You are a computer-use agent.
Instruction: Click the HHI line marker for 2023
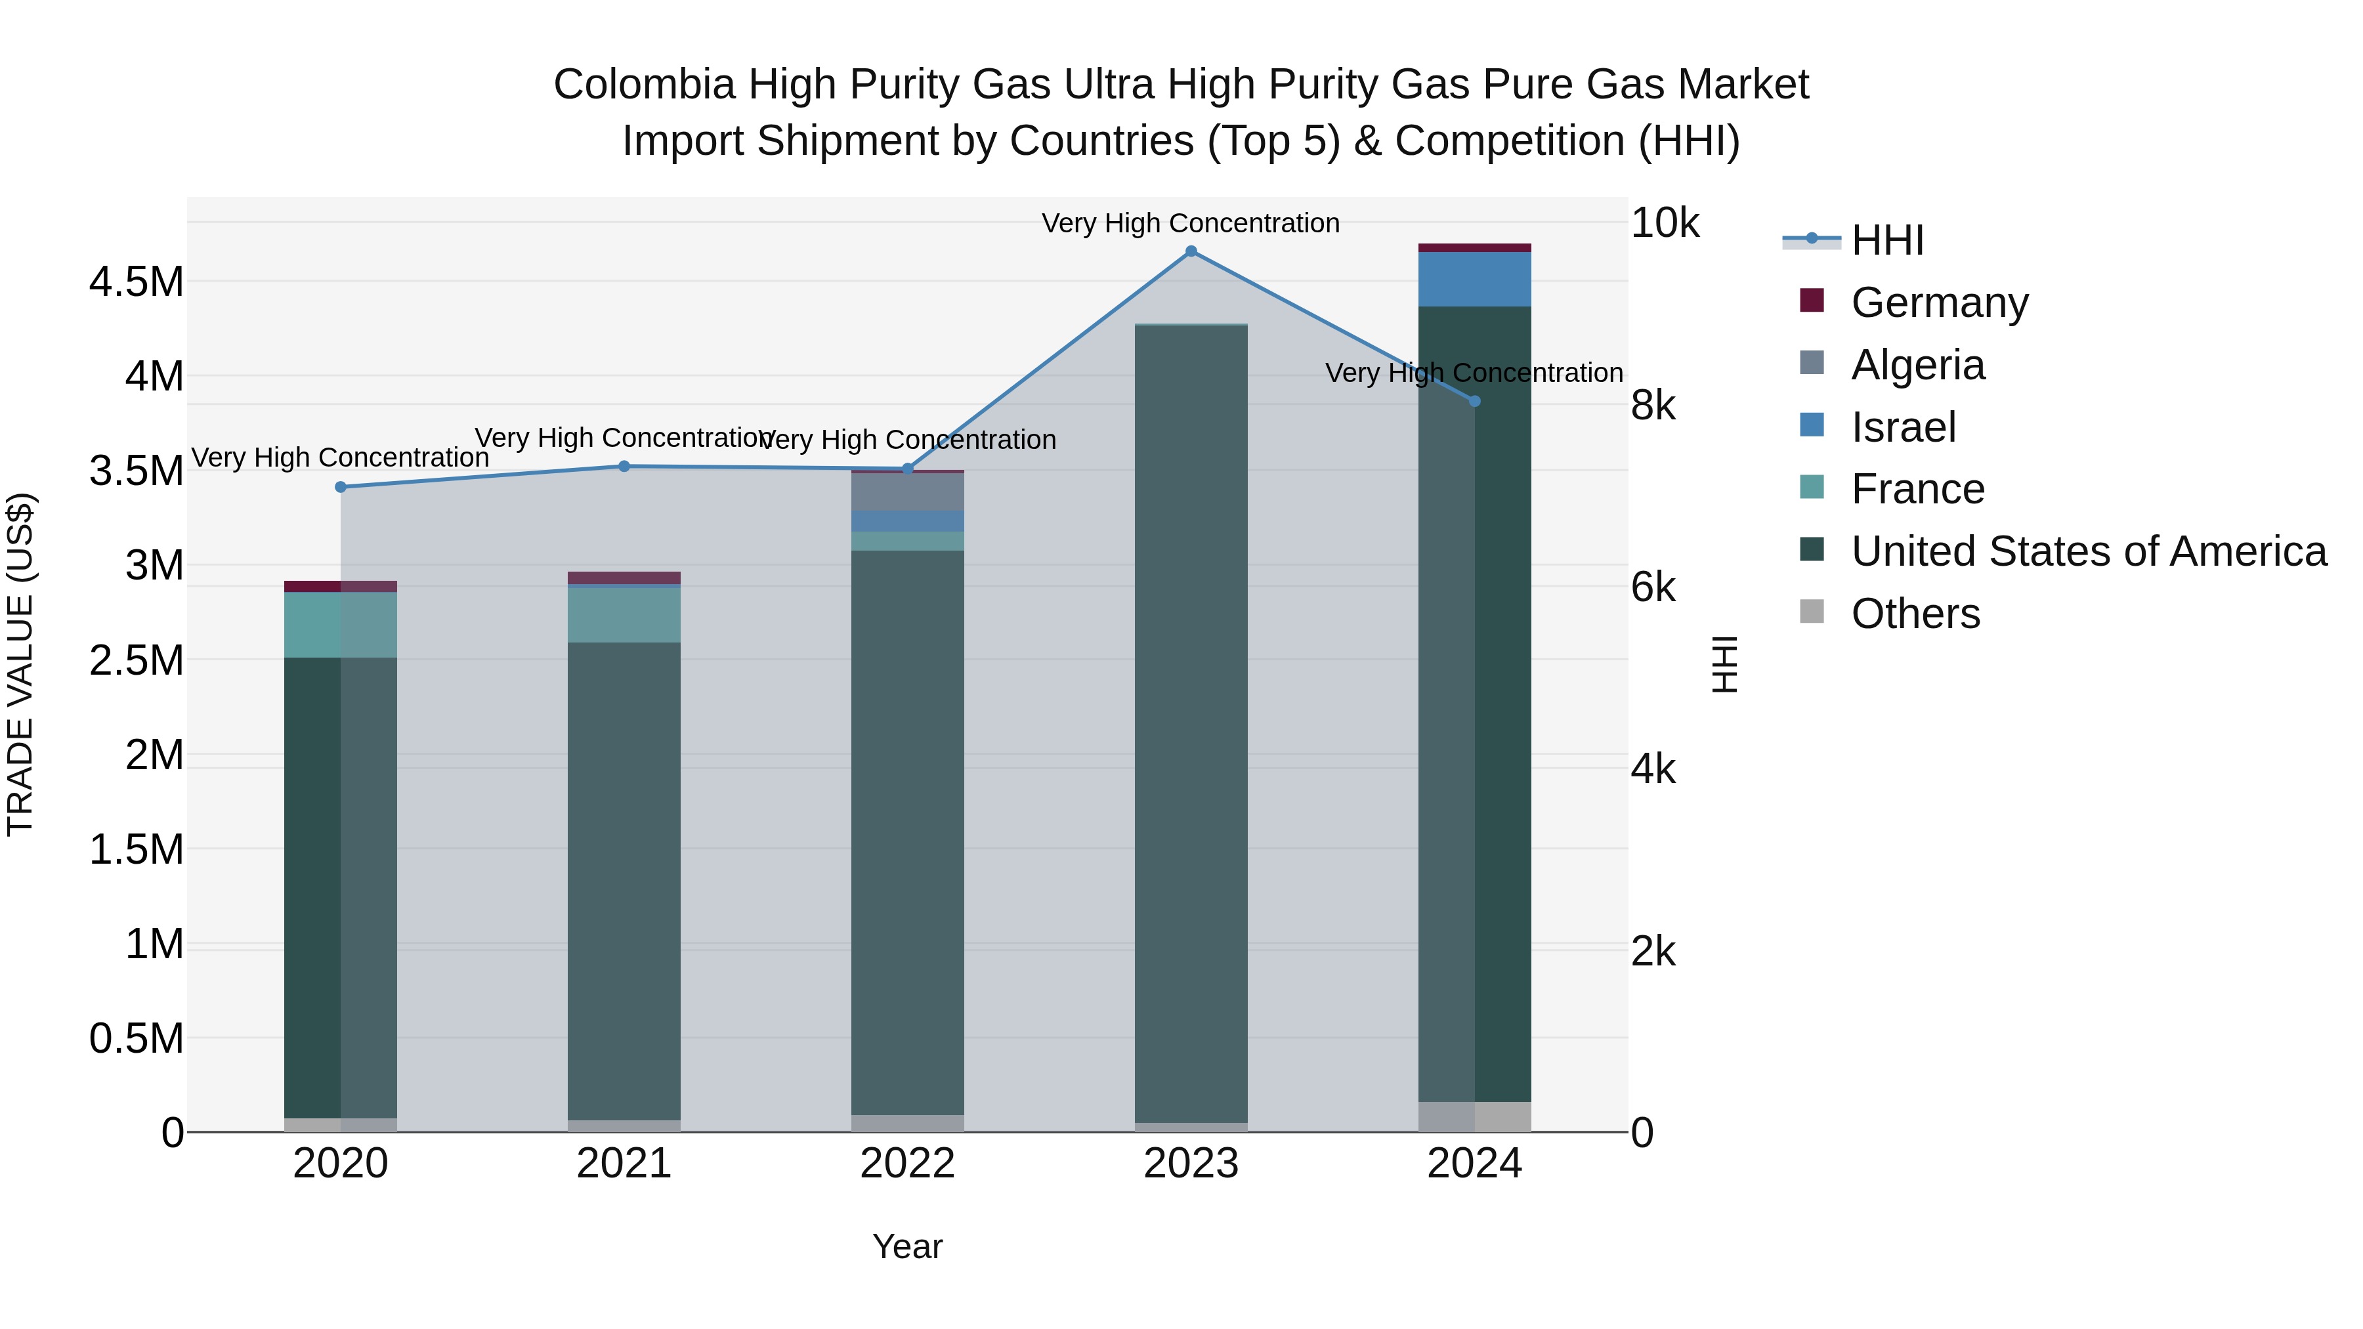coord(1191,251)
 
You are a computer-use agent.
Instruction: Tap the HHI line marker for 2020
coord(340,487)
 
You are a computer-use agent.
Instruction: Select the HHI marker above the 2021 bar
coord(624,466)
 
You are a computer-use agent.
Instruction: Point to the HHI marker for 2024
coord(1474,401)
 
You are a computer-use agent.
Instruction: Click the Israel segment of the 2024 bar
coord(1474,279)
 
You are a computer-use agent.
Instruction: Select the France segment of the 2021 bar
coord(624,614)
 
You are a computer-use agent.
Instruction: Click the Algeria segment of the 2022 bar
coord(907,492)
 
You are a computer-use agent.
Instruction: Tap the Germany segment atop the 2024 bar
coord(1474,247)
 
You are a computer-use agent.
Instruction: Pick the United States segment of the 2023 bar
coord(1191,725)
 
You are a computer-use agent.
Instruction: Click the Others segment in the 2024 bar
coord(1474,1116)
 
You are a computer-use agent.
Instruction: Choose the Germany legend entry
coord(1938,303)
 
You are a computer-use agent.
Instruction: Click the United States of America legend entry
coord(2088,551)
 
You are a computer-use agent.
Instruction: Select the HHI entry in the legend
coord(1887,240)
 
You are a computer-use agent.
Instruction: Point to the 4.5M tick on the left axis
coord(136,282)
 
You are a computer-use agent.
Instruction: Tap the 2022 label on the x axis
coord(907,1164)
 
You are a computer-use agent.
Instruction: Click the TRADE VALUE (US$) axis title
coord(20,664)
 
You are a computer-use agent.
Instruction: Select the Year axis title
coord(907,1246)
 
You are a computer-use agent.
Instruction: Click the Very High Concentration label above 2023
coord(1190,223)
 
